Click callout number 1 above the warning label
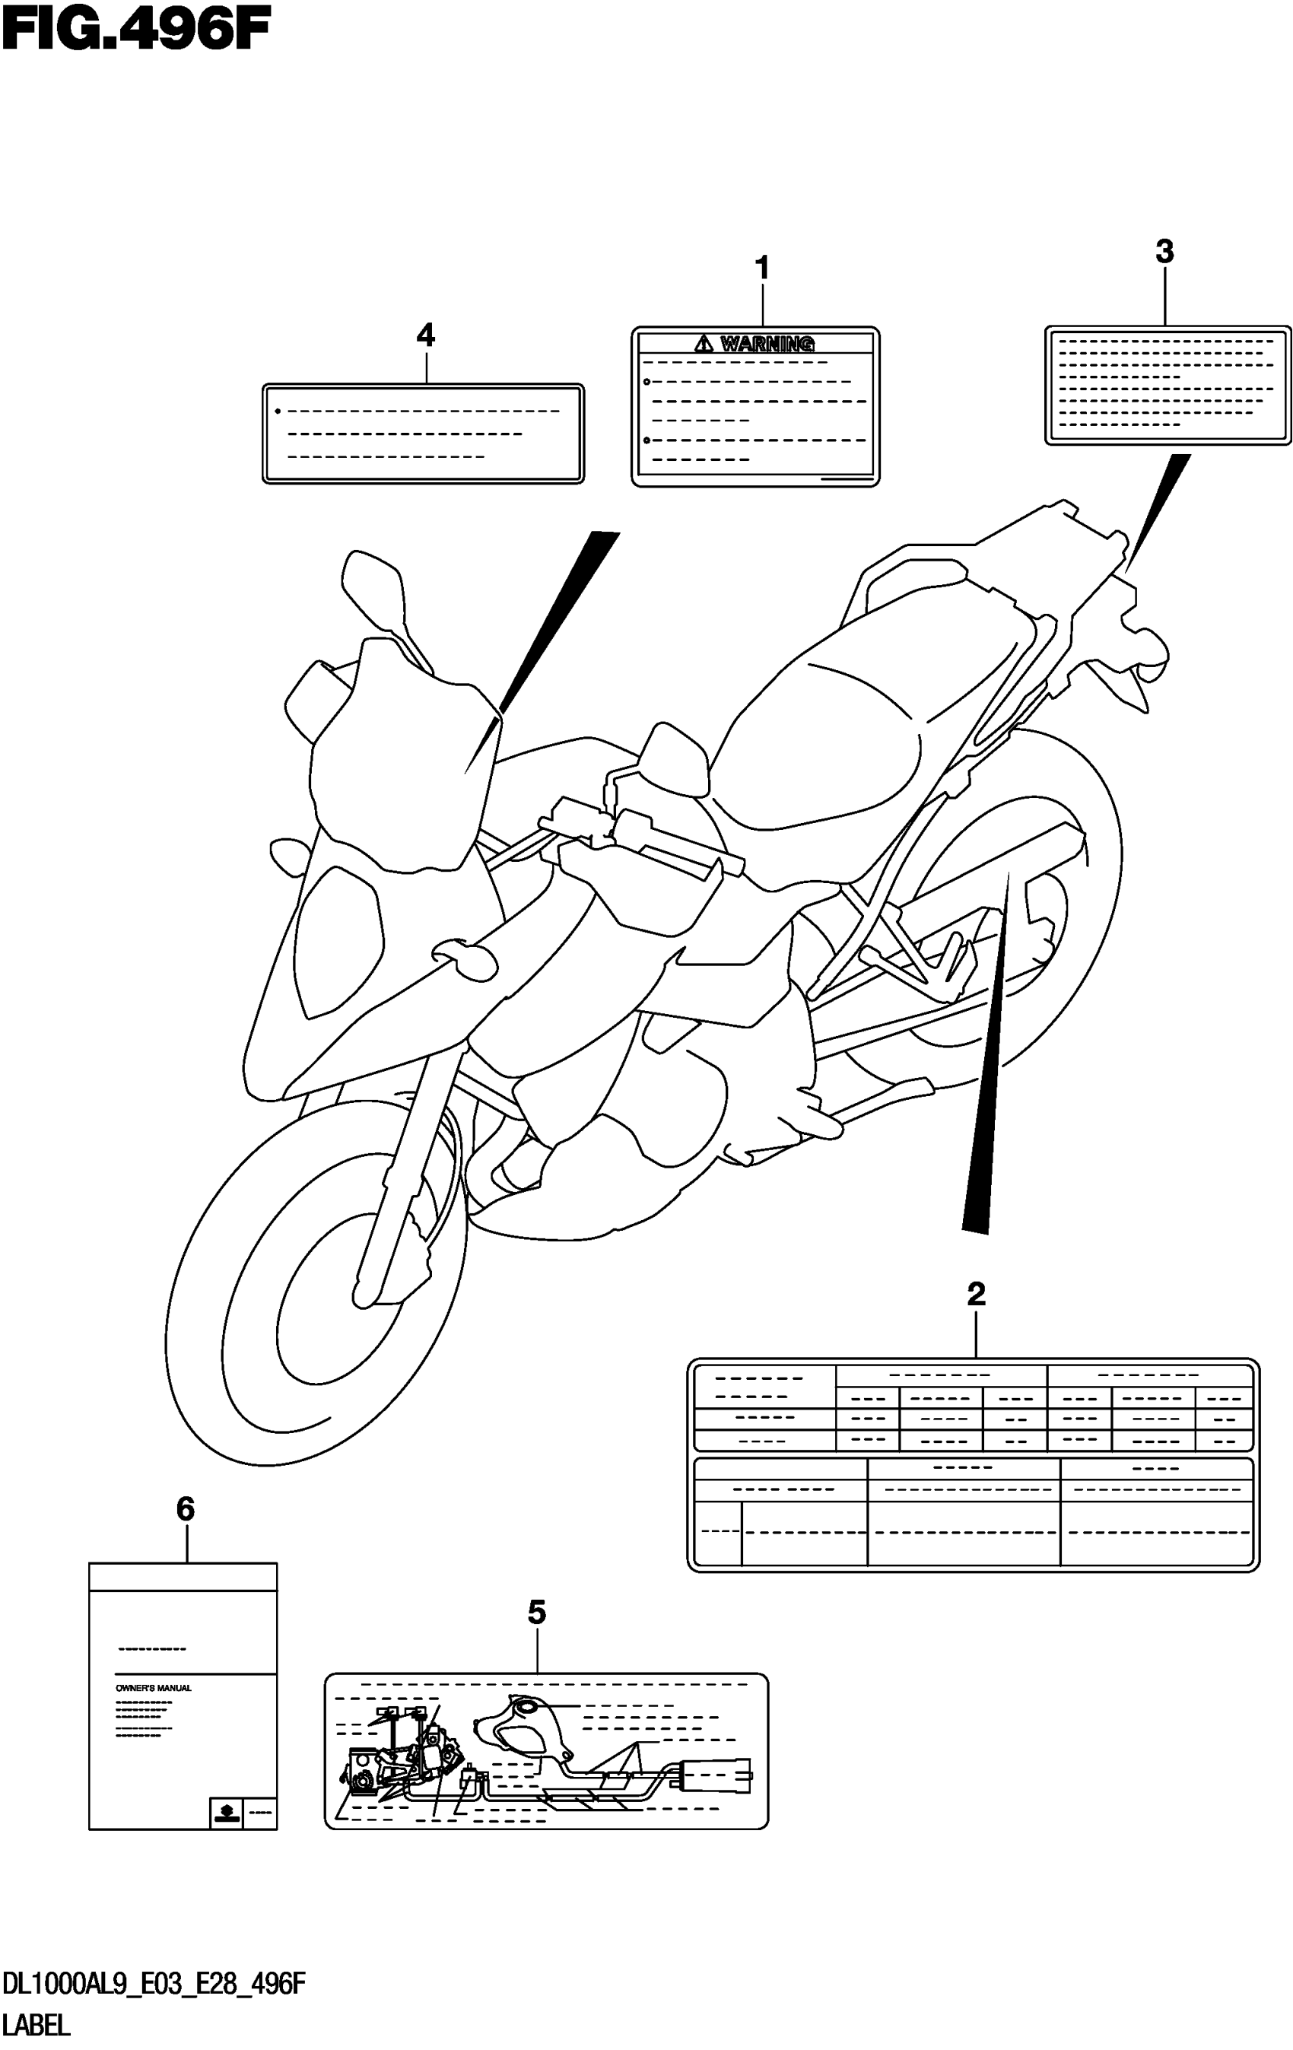[763, 269]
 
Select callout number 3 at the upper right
[1164, 251]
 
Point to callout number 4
[426, 335]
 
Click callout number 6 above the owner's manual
[186, 1509]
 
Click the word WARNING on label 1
[767, 344]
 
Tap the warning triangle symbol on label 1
[703, 344]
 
